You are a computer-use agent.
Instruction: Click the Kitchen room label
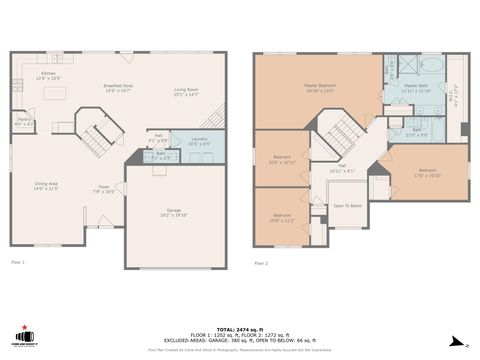[48, 75]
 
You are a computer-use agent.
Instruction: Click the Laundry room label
[199, 141]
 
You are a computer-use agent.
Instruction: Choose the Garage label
[174, 212]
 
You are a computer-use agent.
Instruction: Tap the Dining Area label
[47, 186]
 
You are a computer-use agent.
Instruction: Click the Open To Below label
[347, 205]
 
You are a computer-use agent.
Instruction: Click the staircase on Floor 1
[96, 138]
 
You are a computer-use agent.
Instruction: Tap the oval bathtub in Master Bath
[432, 65]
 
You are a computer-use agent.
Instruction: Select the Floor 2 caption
[261, 262]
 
